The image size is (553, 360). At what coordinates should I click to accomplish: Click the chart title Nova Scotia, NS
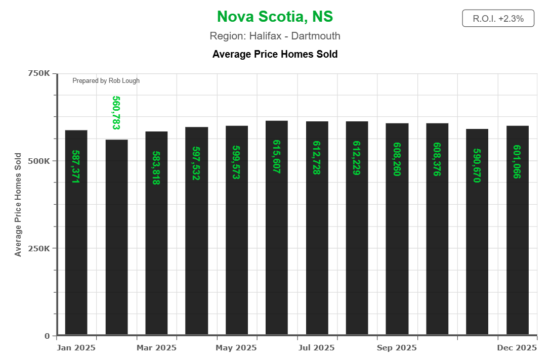[x=275, y=17]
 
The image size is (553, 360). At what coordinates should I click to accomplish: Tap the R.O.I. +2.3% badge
[x=498, y=19]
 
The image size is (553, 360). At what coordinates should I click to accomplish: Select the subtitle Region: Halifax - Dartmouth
[x=275, y=36]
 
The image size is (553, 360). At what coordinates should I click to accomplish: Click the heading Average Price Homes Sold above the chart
[x=275, y=54]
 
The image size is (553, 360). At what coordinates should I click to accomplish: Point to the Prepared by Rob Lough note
[x=106, y=80]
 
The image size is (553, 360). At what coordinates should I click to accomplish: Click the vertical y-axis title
[x=18, y=204]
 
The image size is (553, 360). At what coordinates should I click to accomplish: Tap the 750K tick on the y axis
[x=38, y=73]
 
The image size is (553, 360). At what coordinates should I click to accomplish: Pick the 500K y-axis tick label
[x=38, y=161]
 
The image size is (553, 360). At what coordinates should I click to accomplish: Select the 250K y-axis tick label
[x=38, y=248]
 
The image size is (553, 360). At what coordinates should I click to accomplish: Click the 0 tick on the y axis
[x=47, y=336]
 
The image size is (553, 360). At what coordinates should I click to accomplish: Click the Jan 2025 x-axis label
[x=76, y=348]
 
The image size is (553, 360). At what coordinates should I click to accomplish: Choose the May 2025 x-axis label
[x=236, y=348]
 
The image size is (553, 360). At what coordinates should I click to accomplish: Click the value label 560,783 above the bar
[x=116, y=112]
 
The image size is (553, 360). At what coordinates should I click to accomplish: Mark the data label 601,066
[x=517, y=162]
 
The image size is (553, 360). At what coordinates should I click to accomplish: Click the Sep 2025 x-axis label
[x=397, y=348]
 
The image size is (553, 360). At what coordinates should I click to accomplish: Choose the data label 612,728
[x=317, y=158]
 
